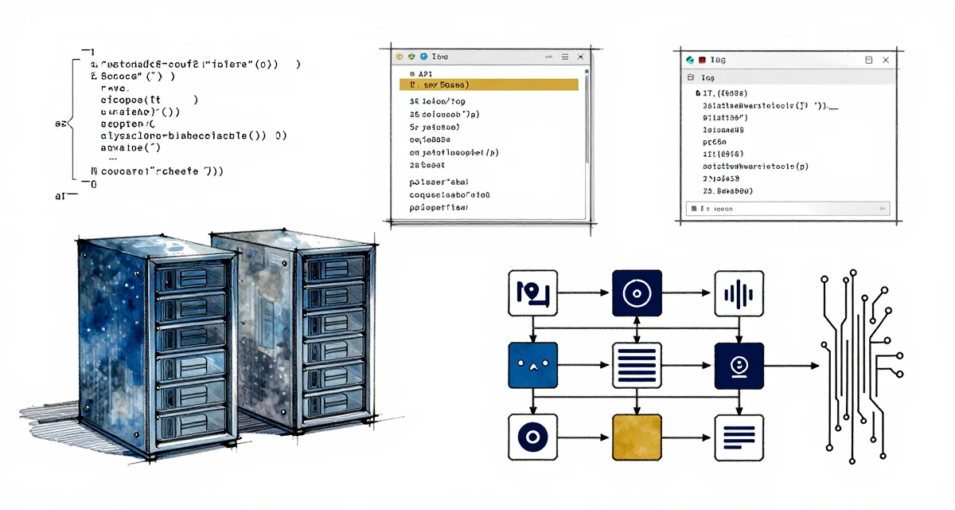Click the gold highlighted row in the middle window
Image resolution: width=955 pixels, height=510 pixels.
488,84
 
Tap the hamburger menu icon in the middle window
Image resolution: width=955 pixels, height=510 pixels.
565,57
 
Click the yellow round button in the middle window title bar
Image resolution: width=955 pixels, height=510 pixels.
400,57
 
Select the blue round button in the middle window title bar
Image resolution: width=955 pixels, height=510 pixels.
423,57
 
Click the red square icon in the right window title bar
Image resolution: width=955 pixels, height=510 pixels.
703,60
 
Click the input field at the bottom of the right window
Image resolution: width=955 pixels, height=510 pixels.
786,209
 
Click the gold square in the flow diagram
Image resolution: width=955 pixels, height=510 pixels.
637,437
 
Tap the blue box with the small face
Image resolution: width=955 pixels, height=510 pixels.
532,366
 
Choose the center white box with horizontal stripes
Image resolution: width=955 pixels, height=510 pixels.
637,366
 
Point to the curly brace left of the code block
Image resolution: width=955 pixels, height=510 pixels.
70,124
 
